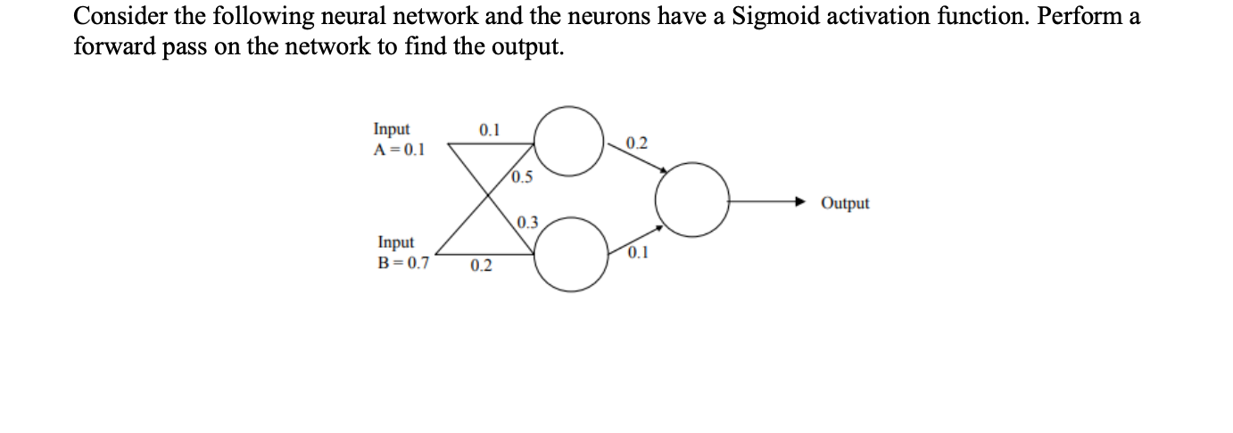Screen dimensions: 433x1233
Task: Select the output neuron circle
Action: [x=692, y=200]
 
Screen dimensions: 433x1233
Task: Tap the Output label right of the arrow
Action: [x=845, y=203]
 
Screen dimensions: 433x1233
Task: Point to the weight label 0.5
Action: [x=524, y=177]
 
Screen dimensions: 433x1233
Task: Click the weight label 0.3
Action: [x=527, y=222]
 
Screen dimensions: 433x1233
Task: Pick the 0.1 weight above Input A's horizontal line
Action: [x=490, y=130]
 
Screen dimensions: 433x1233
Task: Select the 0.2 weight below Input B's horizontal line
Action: [x=481, y=266]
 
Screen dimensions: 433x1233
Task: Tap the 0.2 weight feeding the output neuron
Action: [x=637, y=143]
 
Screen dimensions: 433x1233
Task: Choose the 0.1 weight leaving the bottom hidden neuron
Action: [x=638, y=253]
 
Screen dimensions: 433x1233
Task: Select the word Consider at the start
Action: [x=118, y=17]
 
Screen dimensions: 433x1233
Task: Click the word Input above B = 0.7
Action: [x=395, y=242]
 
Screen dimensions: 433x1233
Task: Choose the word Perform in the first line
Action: [x=1076, y=17]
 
